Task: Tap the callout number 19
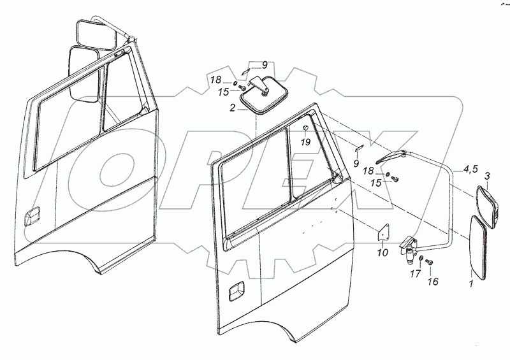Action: (x=305, y=143)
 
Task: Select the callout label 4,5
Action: (x=471, y=169)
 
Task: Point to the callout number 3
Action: (x=488, y=175)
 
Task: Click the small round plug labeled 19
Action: (x=305, y=131)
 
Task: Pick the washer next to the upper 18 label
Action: (x=235, y=84)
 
